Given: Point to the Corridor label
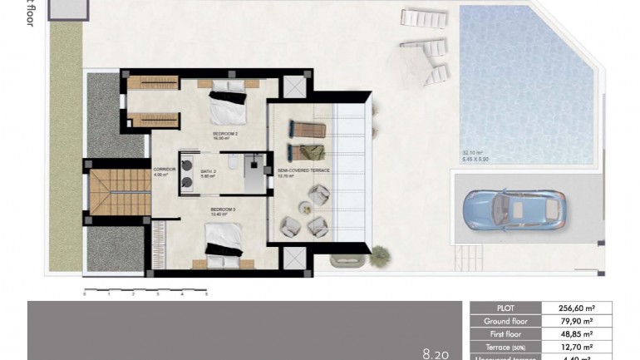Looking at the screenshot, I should [x=164, y=170].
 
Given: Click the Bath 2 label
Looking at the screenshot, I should [x=208, y=173].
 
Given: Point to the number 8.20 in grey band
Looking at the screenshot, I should [x=436, y=353].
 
